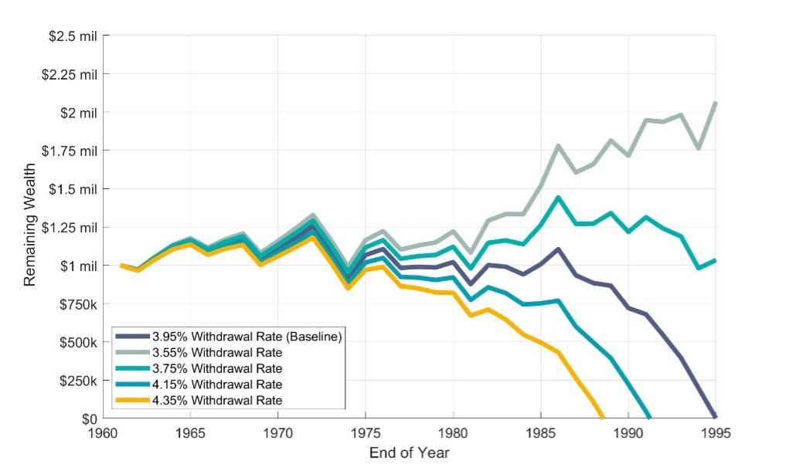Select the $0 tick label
pyautogui.click(x=89, y=419)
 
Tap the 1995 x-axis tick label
pyautogui.click(x=716, y=434)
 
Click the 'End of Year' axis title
pyautogui.click(x=409, y=452)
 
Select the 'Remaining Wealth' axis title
pyautogui.click(x=30, y=228)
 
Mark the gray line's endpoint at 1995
pyautogui.click(x=716, y=103)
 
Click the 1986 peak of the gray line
pyautogui.click(x=558, y=146)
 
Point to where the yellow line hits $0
pyautogui.click(x=602, y=418)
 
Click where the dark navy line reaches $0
pyautogui.click(x=715, y=417)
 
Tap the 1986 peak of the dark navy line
pyautogui.click(x=558, y=249)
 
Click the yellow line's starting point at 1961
pyautogui.click(x=121, y=266)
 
